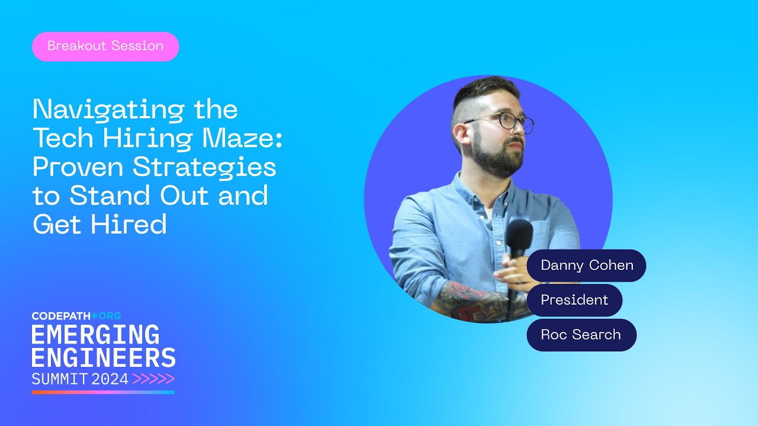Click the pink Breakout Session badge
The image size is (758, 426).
(x=105, y=46)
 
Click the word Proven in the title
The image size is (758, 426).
(x=78, y=167)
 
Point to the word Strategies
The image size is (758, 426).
(x=204, y=168)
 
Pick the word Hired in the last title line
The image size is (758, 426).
(x=134, y=224)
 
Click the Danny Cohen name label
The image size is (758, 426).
(x=586, y=265)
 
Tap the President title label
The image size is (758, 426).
(x=574, y=300)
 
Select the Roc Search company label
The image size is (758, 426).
(x=581, y=334)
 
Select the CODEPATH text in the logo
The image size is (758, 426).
(x=60, y=316)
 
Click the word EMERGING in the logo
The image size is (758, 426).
(x=95, y=335)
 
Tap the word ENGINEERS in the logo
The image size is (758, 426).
(x=104, y=358)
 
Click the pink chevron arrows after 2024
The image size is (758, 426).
(x=153, y=379)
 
